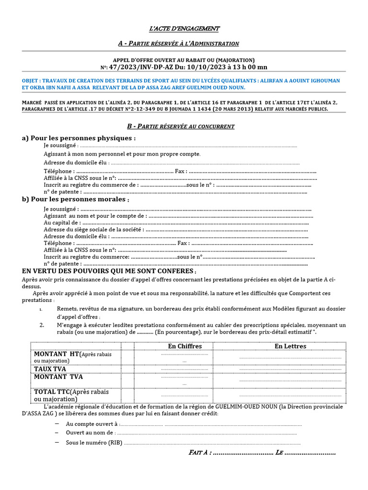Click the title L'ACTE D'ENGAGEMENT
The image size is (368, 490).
click(184, 29)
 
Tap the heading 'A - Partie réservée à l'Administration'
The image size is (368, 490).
click(178, 44)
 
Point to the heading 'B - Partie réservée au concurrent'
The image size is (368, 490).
click(181, 126)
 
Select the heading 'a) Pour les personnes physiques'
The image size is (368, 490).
click(79, 138)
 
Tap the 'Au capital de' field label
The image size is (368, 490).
click(62, 223)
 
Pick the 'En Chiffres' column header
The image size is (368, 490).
click(185, 346)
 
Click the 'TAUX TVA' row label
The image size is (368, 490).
click(50, 369)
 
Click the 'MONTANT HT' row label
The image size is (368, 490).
click(57, 354)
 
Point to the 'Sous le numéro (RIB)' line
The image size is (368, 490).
click(94, 443)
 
